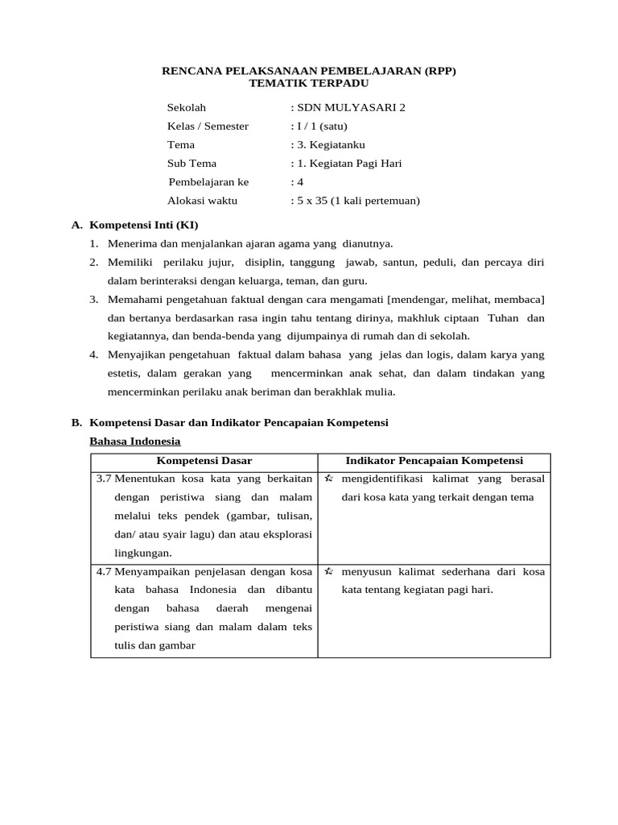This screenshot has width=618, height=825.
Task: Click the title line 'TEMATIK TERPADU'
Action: pyautogui.click(x=309, y=83)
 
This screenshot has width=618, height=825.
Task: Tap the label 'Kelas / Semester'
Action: pyautogui.click(x=208, y=126)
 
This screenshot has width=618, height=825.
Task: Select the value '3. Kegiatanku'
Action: pyautogui.click(x=331, y=144)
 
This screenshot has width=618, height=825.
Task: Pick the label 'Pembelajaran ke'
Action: pyautogui.click(x=209, y=181)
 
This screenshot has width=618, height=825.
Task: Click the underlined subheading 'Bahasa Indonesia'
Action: pyautogui.click(x=135, y=441)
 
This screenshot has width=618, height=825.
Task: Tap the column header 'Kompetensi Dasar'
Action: pyautogui.click(x=204, y=461)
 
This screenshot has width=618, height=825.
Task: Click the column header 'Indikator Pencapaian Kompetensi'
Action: pyautogui.click(x=435, y=461)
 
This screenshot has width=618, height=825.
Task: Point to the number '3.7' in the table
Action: pyautogui.click(x=104, y=479)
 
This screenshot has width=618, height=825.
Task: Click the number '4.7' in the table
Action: pyautogui.click(x=104, y=571)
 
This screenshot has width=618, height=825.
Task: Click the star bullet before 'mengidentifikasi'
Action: pyautogui.click(x=329, y=479)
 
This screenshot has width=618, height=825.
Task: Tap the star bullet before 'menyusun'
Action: pyautogui.click(x=329, y=571)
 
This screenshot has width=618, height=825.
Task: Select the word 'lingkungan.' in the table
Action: pyautogui.click(x=143, y=553)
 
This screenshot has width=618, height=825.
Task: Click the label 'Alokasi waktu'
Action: pyautogui.click(x=202, y=201)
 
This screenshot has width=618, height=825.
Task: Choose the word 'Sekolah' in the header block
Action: pyautogui.click(x=187, y=107)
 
